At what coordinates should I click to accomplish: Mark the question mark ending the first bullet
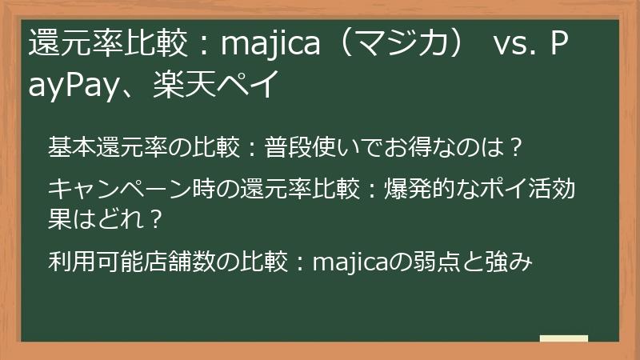(x=516, y=147)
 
